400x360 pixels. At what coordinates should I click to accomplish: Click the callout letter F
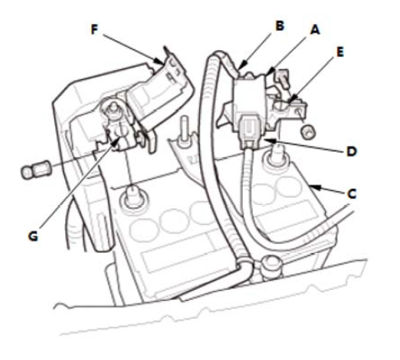click(95, 30)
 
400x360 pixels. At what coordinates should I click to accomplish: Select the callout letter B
click(280, 26)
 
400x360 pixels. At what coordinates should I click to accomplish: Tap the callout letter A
click(315, 30)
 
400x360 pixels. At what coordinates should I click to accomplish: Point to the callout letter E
click(340, 52)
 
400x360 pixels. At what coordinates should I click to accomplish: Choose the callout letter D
click(351, 152)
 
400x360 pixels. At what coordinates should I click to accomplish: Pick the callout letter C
click(352, 194)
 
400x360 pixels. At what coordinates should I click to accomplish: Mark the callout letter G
click(33, 236)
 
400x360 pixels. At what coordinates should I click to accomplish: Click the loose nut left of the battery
click(35, 170)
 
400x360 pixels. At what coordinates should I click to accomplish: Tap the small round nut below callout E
click(308, 132)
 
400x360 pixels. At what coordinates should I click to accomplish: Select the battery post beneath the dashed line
click(133, 197)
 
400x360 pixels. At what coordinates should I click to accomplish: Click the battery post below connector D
click(275, 156)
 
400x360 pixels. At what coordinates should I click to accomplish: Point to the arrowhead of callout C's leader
click(315, 188)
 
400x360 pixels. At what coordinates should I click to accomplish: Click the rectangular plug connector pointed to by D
click(249, 132)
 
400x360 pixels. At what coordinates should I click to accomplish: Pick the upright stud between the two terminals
click(184, 129)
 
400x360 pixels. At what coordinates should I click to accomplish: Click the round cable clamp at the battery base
click(272, 265)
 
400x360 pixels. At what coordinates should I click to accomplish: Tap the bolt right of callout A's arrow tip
click(281, 78)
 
